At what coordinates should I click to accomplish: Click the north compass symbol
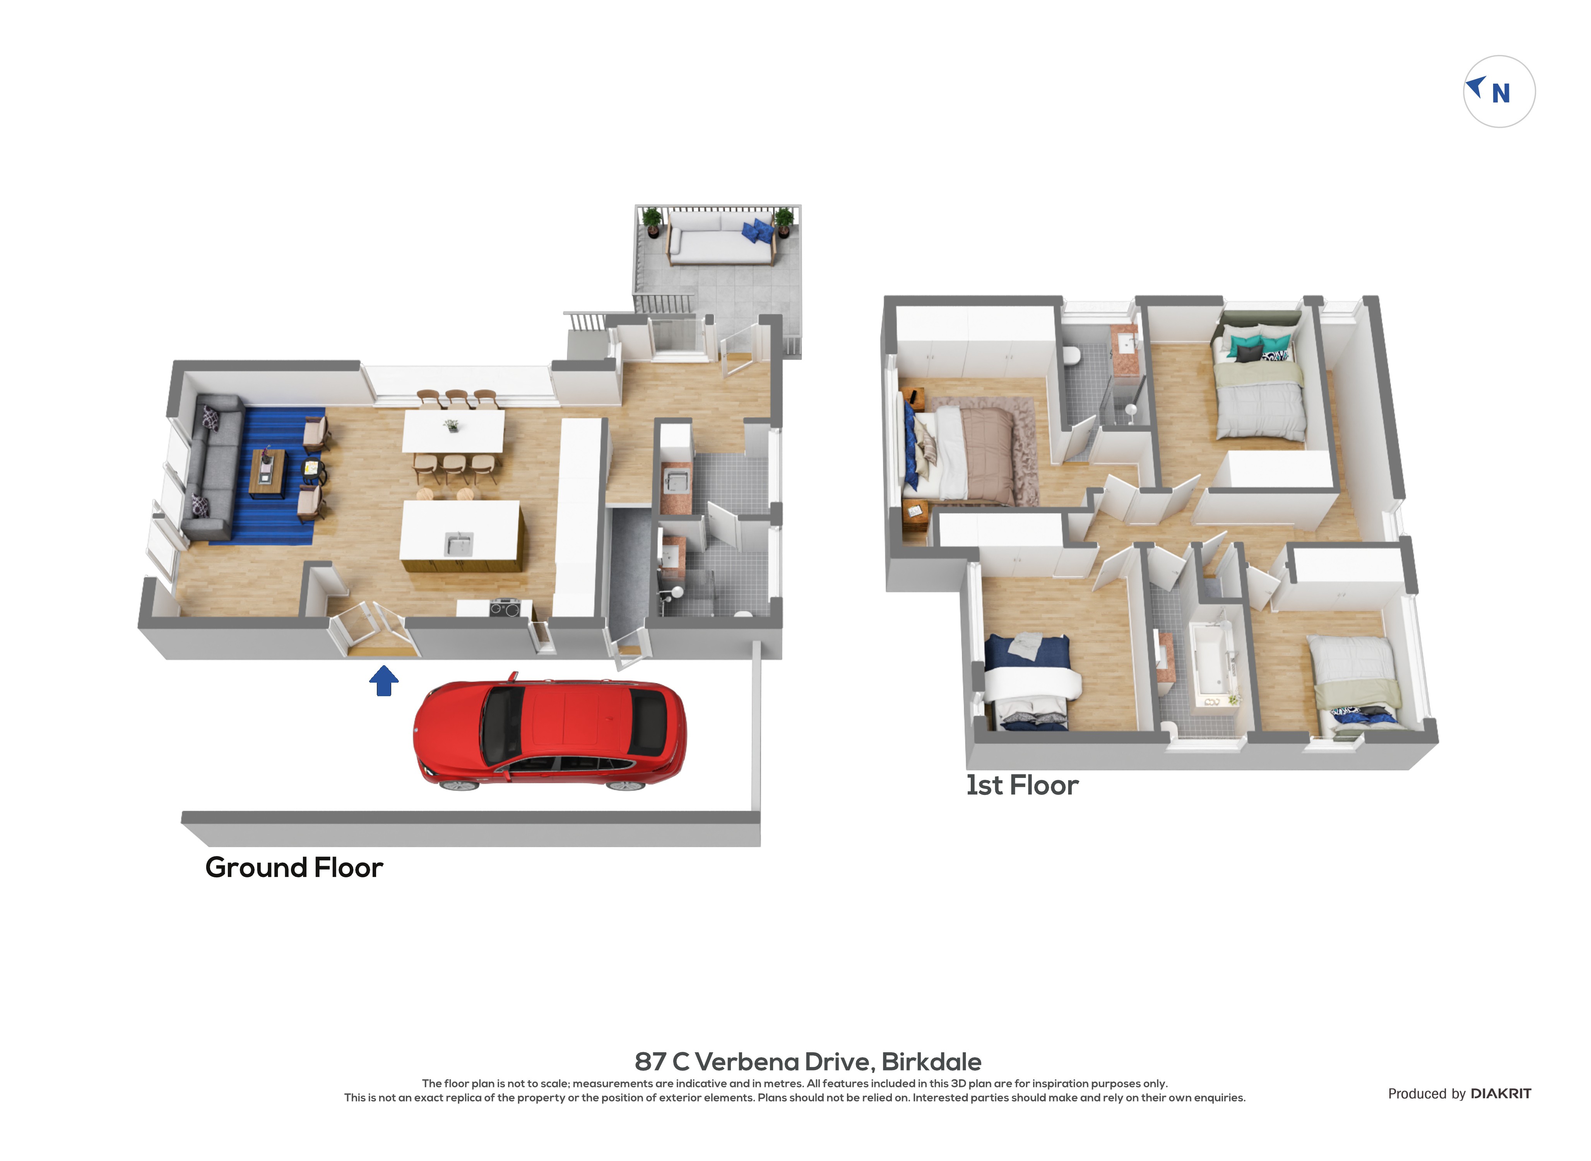1499,91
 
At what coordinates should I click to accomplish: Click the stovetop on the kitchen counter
504,607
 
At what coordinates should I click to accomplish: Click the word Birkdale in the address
931,1062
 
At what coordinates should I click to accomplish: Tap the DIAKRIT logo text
1501,1094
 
